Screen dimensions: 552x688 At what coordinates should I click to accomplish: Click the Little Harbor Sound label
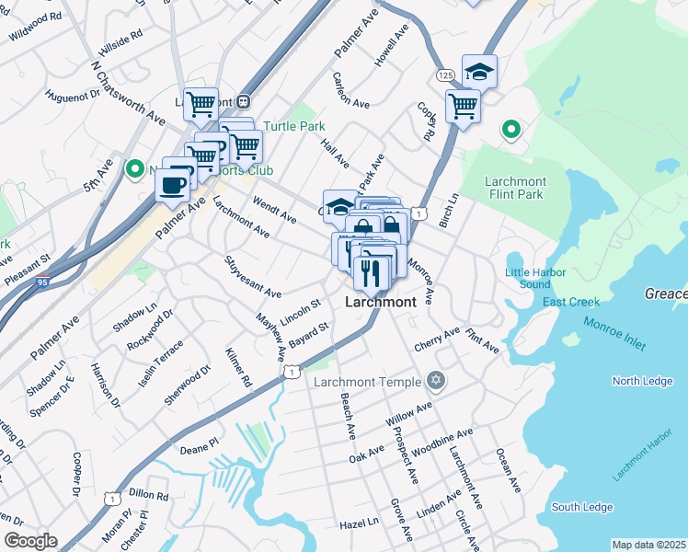pyautogui.click(x=528, y=277)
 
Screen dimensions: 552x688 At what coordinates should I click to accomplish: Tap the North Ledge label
pyautogui.click(x=638, y=381)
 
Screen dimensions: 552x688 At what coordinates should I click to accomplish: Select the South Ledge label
pyautogui.click(x=581, y=507)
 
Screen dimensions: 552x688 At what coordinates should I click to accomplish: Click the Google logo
pyautogui.click(x=30, y=541)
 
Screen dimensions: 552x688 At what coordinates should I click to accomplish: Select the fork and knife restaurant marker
pyautogui.click(x=371, y=271)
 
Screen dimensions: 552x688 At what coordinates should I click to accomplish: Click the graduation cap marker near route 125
pyautogui.click(x=479, y=71)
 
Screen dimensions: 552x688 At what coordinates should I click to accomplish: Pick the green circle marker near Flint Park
pyautogui.click(x=510, y=130)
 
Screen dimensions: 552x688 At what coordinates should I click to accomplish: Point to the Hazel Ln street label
pyautogui.click(x=359, y=523)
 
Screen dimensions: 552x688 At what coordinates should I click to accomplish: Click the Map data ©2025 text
pyautogui.click(x=648, y=545)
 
